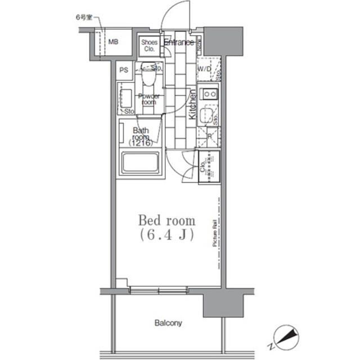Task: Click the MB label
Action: coord(114,42)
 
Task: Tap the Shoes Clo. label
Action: coord(149,44)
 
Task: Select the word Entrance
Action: coord(179,42)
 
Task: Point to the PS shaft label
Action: coord(124,71)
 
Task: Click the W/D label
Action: coord(204,69)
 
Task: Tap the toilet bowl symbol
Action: coord(148,75)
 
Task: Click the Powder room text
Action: coord(148,99)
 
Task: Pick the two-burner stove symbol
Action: coord(210,93)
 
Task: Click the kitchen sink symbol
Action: coord(206,116)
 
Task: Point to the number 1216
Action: coord(139,143)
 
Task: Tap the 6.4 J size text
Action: coord(167,236)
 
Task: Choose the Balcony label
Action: coord(168,323)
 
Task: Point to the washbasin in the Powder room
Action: coord(125,99)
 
